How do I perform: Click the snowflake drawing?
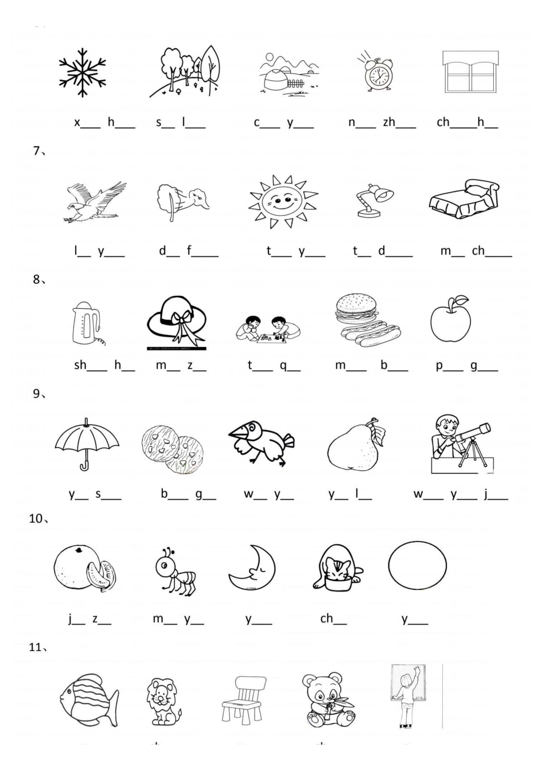(x=83, y=73)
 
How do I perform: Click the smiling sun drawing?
(x=283, y=202)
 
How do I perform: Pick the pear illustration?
(x=353, y=447)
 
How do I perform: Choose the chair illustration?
(x=244, y=699)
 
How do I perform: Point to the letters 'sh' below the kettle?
(x=80, y=365)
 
